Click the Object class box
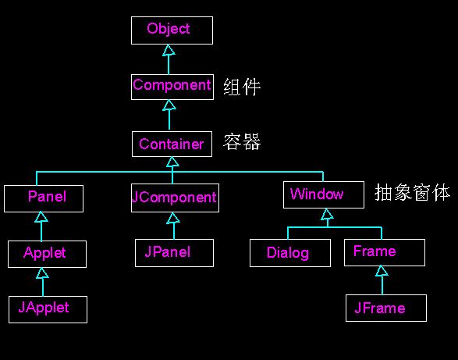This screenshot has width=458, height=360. tap(172, 30)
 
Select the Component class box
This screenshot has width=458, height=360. tap(172, 87)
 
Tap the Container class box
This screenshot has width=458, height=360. tap(172, 144)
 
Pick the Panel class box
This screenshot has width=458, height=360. tap(44, 198)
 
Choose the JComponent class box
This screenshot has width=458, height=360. tap(176, 198)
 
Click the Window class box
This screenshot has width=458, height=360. tap(324, 194)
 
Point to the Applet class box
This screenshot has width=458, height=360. tap(48, 254)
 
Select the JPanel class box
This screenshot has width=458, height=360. tap(174, 253)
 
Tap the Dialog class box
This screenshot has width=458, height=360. tap(290, 253)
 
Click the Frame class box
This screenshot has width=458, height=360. tap(385, 253)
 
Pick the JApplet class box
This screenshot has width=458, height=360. tap(48, 309)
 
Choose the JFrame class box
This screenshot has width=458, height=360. tap(386, 308)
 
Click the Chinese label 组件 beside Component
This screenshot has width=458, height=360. tap(242, 87)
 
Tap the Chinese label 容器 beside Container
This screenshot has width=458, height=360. tap(242, 142)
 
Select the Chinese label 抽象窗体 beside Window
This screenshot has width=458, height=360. tap(413, 192)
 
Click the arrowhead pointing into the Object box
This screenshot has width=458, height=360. tap(169, 50)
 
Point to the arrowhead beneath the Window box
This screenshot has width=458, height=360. tap(327, 215)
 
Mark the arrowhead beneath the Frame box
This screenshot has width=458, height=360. tap(382, 271)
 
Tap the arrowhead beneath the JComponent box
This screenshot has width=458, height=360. tap(173, 218)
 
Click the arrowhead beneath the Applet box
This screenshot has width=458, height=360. tap(43, 273)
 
